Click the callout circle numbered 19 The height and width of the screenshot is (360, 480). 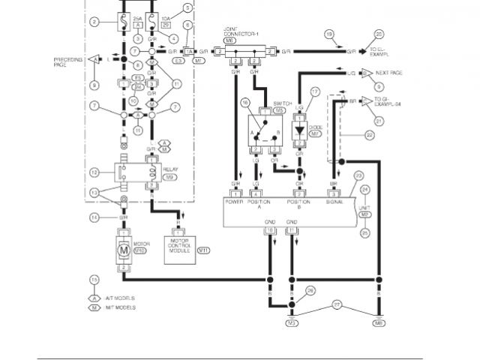coord(328,34)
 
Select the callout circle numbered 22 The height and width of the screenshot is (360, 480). coord(369,136)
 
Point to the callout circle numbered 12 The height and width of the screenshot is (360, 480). coord(94,172)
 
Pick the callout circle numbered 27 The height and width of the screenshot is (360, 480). coord(337,305)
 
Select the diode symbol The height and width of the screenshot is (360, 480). coord(299,128)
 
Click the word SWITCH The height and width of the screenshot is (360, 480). coord(282,102)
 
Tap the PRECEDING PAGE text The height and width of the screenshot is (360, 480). coord(68,59)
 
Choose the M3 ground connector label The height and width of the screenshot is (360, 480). coord(292,323)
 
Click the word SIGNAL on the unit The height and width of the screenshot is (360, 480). coord(334,202)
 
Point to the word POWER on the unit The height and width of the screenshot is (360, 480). coord(235,202)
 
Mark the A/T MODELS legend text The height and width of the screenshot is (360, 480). coord(121,298)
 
